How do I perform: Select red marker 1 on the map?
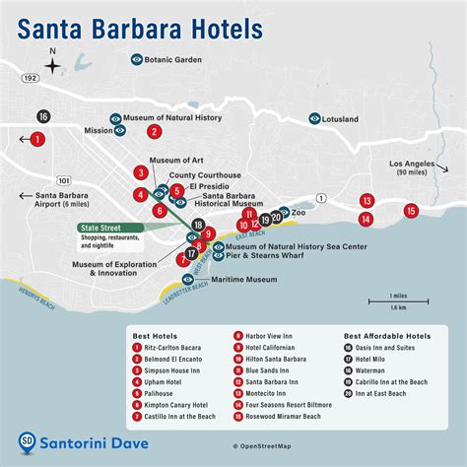point(36,139)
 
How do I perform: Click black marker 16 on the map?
point(43,116)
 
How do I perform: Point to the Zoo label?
point(299,212)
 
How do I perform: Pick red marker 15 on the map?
point(411,210)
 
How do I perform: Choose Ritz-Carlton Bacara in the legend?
point(180,347)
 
